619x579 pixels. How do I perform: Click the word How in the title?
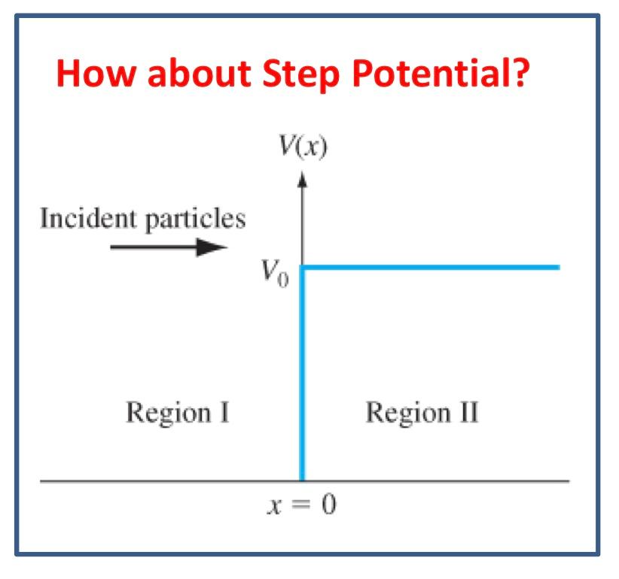click(96, 73)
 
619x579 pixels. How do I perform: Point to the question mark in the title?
click(518, 72)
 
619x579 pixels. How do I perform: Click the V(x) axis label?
click(303, 146)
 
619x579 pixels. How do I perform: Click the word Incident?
click(88, 218)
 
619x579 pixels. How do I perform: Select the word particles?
click(195, 219)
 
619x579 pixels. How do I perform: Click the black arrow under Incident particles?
click(169, 247)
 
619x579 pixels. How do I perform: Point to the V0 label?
click(275, 273)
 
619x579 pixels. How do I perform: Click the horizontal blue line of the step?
click(429, 268)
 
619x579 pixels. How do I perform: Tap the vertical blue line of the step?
click(302, 374)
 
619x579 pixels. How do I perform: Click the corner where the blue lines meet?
click(302, 268)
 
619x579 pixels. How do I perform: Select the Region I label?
click(178, 413)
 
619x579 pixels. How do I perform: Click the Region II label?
click(422, 413)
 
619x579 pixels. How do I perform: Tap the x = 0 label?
click(302, 505)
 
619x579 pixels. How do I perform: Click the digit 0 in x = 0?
click(329, 504)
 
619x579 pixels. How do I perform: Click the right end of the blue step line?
click(560, 268)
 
